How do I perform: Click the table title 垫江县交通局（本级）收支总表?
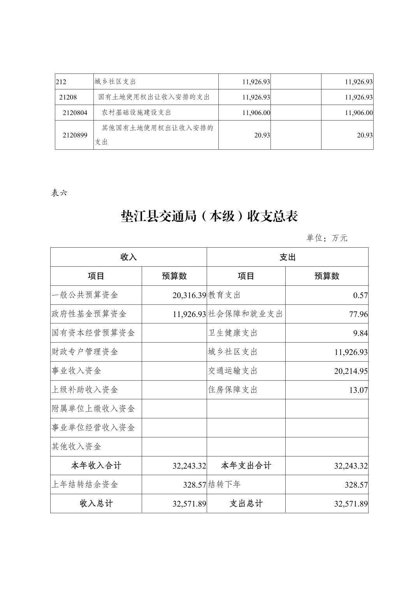(x=209, y=216)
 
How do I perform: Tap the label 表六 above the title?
(x=59, y=192)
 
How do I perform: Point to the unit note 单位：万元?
(x=327, y=238)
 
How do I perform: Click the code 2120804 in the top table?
(x=75, y=113)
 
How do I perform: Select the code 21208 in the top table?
(x=68, y=97)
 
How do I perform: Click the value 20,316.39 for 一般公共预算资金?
(x=189, y=295)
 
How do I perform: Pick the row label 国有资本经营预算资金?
(x=93, y=333)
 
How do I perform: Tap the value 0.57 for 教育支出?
(x=360, y=295)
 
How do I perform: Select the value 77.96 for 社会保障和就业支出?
(x=358, y=314)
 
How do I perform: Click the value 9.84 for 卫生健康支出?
(x=360, y=333)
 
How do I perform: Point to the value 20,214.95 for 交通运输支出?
(x=351, y=371)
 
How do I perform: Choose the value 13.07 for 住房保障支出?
(x=358, y=390)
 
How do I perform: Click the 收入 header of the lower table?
(x=128, y=257)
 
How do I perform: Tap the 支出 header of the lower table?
(x=288, y=257)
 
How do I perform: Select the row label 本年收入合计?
(x=96, y=465)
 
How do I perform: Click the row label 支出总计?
(x=246, y=504)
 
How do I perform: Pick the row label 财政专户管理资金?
(x=85, y=352)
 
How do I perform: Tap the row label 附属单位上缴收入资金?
(x=93, y=409)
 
